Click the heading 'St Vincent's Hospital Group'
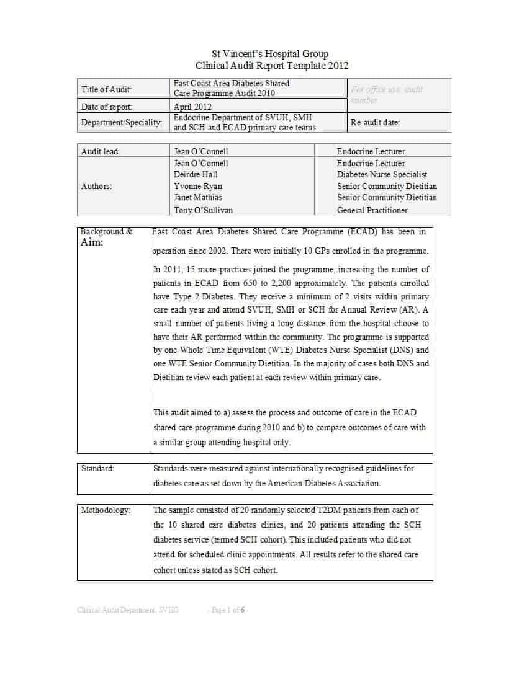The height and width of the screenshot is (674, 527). (270, 54)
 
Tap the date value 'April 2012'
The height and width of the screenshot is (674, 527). (192, 107)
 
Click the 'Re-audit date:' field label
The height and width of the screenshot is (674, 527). (375, 122)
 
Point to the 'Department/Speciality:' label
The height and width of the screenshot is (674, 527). (122, 122)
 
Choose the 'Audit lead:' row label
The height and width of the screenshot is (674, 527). (101, 151)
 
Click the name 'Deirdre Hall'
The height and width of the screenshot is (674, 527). (196, 174)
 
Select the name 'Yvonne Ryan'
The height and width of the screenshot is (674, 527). (197, 186)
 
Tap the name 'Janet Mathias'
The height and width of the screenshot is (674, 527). (197, 197)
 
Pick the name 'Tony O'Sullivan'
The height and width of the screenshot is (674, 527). (203, 210)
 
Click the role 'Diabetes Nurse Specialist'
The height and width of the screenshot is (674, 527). (382, 174)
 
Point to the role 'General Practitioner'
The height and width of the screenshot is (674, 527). (372, 210)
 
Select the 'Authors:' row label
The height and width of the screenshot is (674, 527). (96, 186)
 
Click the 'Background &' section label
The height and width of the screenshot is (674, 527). (106, 231)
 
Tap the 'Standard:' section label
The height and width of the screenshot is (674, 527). (98, 468)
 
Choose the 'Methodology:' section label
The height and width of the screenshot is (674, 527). (106, 510)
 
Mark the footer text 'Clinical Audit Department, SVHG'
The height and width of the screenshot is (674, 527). (128, 610)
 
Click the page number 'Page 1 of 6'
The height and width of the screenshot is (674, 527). (228, 610)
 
